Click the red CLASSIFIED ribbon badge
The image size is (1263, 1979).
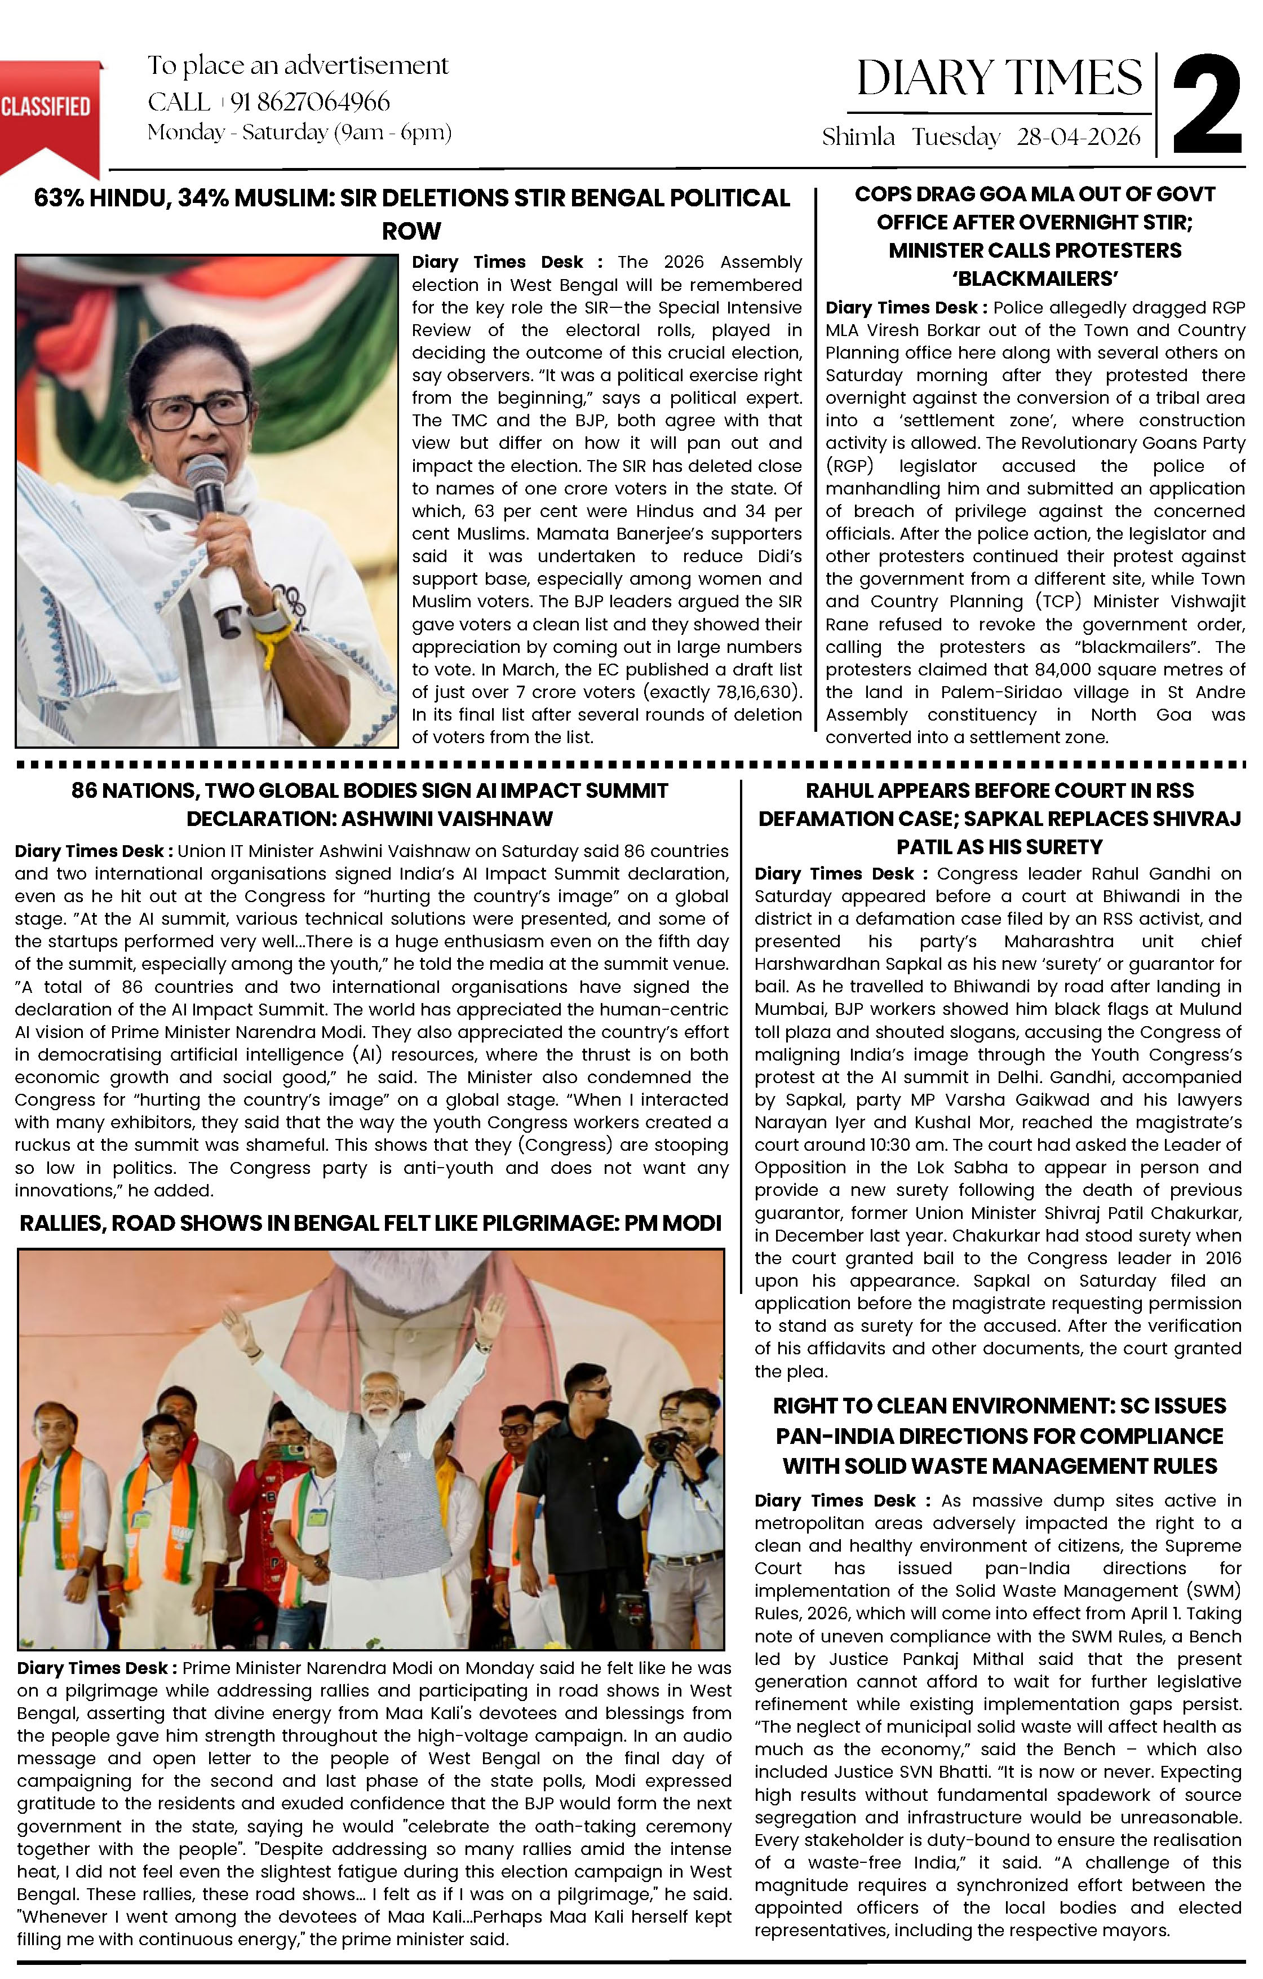pyautogui.click(x=48, y=111)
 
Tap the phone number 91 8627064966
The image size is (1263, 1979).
pyautogui.click(x=310, y=102)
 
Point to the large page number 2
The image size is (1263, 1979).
pyautogui.click(x=1206, y=105)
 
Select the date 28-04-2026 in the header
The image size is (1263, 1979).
pyautogui.click(x=1078, y=137)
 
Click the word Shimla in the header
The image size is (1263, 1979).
pyautogui.click(x=858, y=137)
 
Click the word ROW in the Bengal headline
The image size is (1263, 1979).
pyautogui.click(x=411, y=231)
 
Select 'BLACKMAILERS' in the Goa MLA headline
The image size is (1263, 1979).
pyautogui.click(x=1035, y=279)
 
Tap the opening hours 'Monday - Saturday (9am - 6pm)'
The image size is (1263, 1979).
pyautogui.click(x=299, y=132)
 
